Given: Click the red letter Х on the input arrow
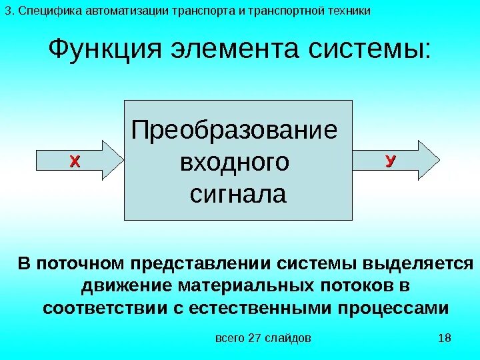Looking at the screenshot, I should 75,161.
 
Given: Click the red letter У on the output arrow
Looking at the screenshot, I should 390,160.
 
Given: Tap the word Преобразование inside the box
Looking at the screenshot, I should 235,130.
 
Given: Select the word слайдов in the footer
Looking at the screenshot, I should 287,339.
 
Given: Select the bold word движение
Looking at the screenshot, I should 127,286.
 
